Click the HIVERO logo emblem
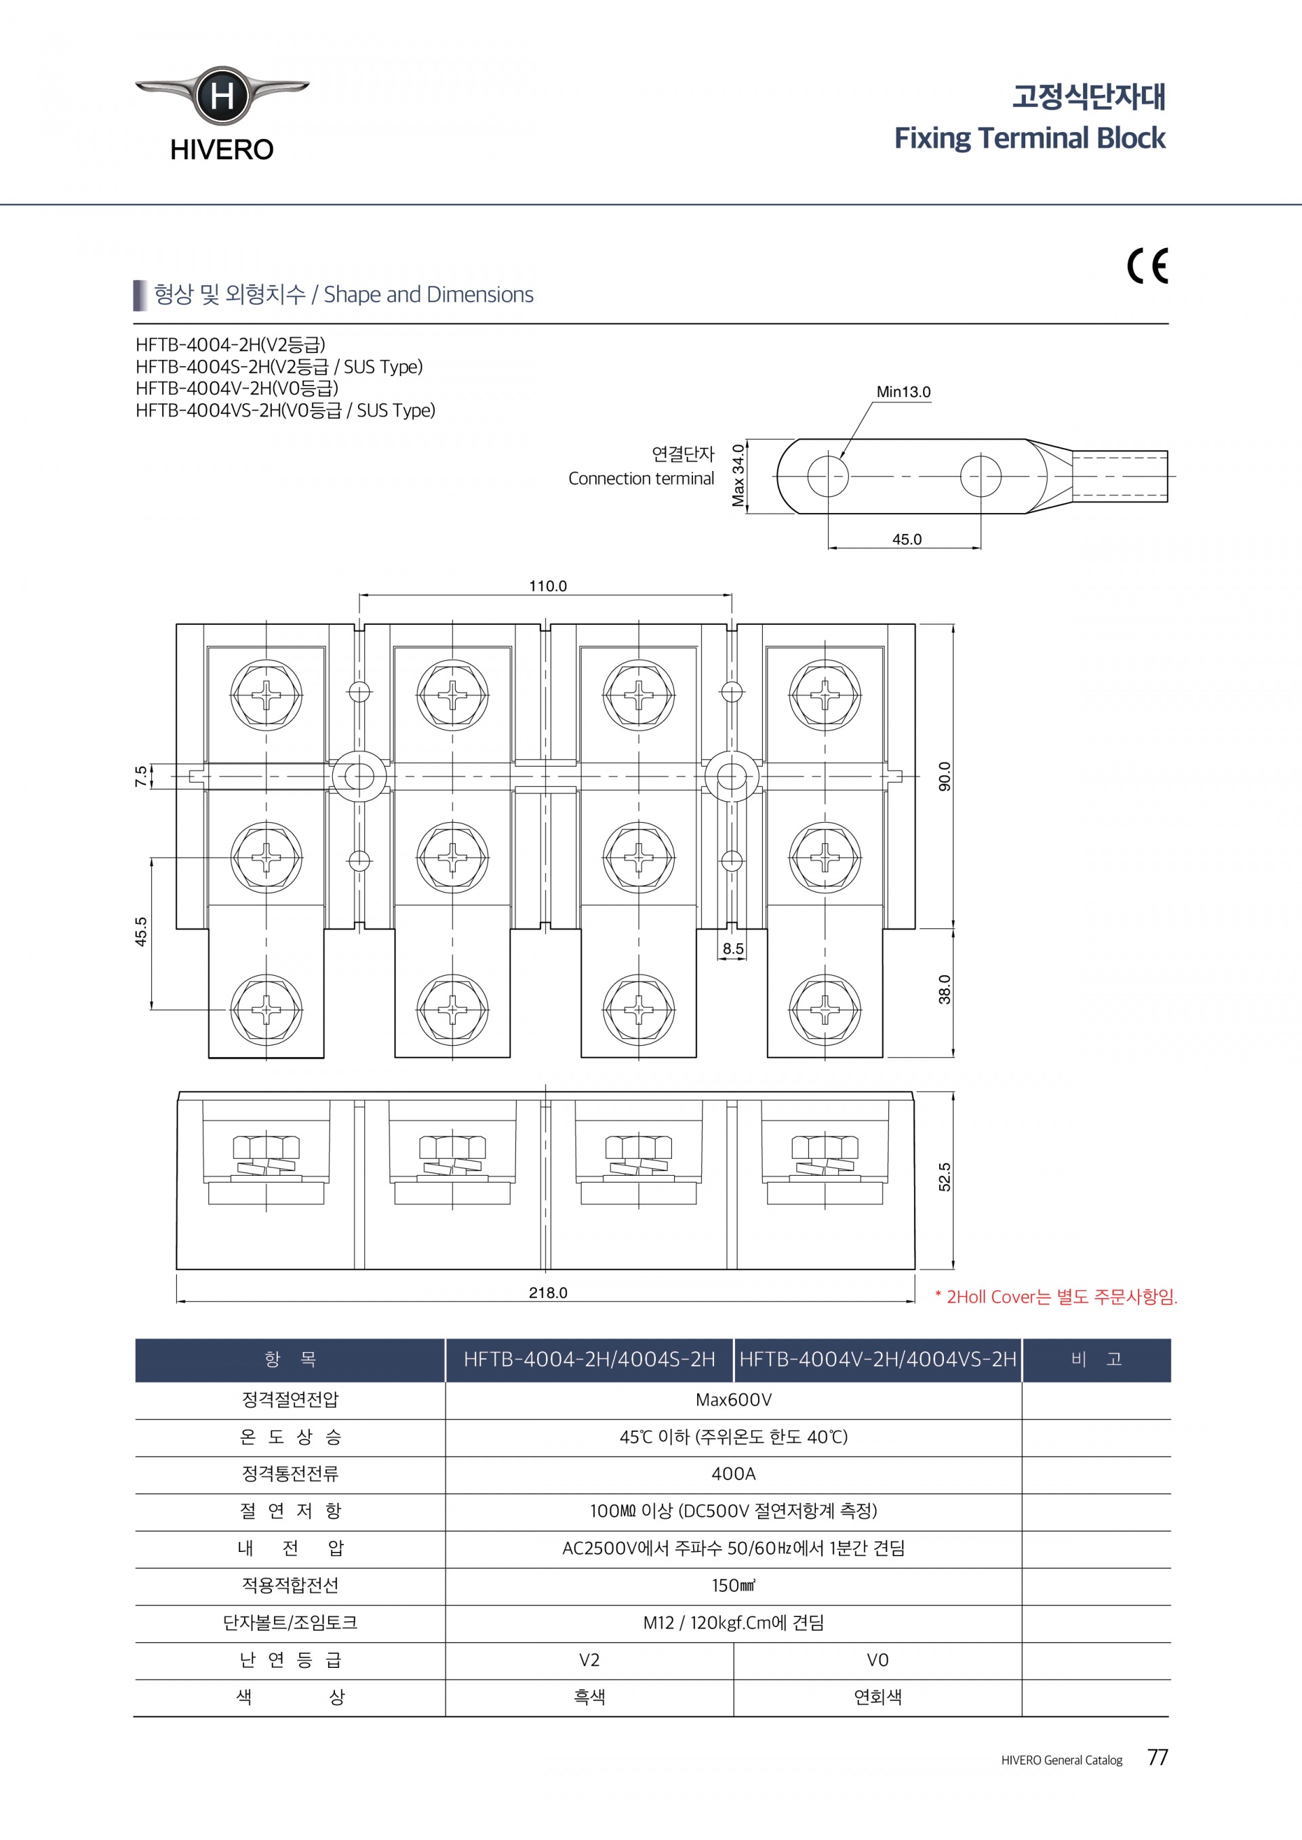[222, 96]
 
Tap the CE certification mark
[1147, 266]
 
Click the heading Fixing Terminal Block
[1029, 138]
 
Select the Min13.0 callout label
[903, 392]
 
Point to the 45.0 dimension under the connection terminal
[907, 539]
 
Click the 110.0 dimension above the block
[547, 586]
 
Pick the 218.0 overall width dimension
[547, 1292]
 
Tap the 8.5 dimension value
[733, 949]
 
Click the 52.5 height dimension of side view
[945, 1177]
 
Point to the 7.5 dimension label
[141, 776]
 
